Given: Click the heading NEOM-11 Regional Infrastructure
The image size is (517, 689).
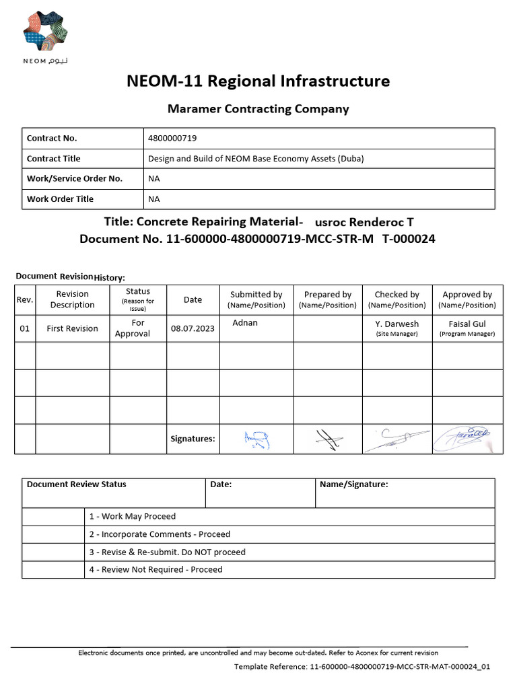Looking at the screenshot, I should [258, 81].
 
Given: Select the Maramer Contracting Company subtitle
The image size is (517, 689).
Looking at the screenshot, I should [258, 108].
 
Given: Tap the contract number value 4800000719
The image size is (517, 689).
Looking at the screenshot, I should [172, 138].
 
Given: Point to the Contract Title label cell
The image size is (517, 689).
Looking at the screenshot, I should [53, 159].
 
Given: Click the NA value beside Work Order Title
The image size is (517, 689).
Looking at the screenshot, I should [154, 199].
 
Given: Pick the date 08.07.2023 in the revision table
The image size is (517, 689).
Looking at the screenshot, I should [193, 328].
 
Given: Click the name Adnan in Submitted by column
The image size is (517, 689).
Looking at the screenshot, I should [245, 323].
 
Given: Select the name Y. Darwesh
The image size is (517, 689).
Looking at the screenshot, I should [397, 324].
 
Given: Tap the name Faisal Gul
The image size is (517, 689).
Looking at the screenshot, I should [467, 324].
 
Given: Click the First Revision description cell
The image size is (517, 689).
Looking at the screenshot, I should [72, 328].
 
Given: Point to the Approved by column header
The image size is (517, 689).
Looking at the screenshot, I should [467, 299].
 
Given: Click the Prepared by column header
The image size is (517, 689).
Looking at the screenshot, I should [328, 299].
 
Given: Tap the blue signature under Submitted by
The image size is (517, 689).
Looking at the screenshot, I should [256, 439].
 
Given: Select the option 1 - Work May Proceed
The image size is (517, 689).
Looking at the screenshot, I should [133, 516].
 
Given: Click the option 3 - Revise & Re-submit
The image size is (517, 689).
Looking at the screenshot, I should [168, 552].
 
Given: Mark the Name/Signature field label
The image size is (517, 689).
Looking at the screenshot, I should [353, 484].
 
